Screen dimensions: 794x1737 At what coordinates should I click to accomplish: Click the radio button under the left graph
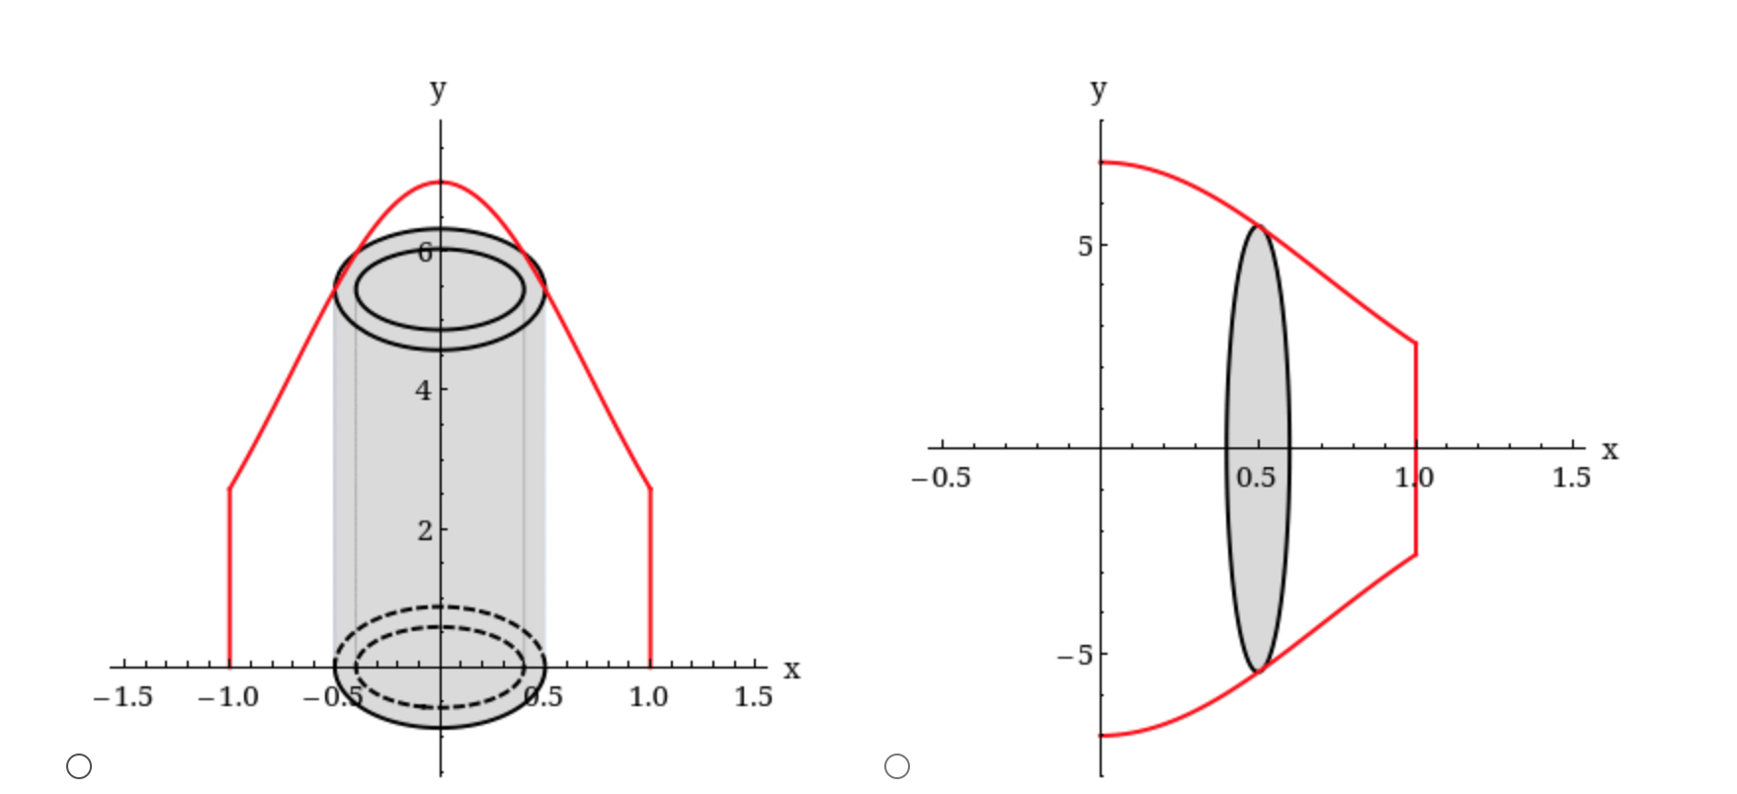pos(79,766)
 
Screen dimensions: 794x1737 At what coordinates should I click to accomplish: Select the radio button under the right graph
pos(897,766)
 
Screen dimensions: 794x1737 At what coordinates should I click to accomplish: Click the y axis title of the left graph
pos(438,90)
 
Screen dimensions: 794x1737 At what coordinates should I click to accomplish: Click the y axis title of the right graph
pos(1098,90)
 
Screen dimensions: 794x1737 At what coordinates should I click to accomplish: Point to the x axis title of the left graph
pos(791,670)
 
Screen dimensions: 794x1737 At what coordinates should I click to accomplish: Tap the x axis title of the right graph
pos(1610,450)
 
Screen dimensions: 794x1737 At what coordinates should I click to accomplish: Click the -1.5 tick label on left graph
pos(124,697)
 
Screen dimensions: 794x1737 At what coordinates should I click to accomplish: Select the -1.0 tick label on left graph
pos(228,697)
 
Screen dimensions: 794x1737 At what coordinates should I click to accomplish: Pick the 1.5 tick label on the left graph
pos(753,697)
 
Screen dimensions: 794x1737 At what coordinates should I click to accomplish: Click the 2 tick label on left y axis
pos(424,530)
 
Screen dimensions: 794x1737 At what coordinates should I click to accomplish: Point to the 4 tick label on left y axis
pos(424,391)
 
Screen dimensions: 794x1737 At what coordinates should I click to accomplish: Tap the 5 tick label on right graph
pos(1085,246)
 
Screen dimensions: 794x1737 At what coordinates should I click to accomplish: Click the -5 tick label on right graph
pos(1076,655)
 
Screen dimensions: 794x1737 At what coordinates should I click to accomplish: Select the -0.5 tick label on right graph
pos(941,478)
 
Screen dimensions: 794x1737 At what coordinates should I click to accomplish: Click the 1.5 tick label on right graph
pos(1571,478)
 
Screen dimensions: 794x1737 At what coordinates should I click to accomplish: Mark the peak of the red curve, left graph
pos(441,182)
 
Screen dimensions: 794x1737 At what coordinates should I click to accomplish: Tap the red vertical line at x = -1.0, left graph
pos(229,578)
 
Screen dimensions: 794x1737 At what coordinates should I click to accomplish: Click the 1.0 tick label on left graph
pos(648,697)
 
